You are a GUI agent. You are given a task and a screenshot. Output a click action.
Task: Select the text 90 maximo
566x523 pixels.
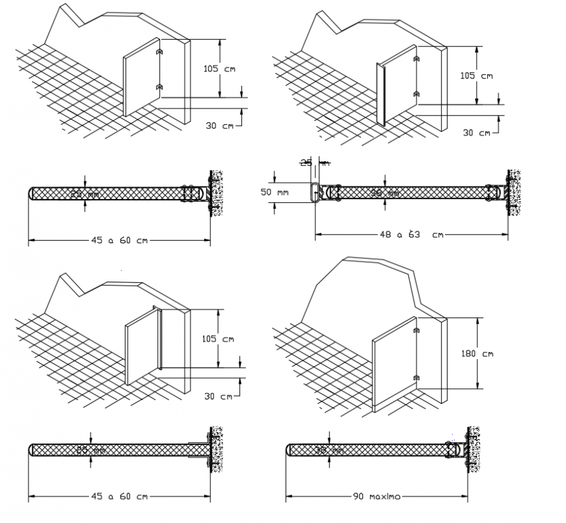coord(376,496)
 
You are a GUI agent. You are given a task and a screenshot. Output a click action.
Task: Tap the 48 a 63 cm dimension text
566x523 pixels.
coord(412,234)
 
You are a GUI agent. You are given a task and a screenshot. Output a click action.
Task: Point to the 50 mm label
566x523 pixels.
coord(273,193)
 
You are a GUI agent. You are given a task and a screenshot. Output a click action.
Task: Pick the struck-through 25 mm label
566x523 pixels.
coord(314,163)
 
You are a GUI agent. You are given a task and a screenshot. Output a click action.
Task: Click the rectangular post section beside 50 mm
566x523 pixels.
coord(314,193)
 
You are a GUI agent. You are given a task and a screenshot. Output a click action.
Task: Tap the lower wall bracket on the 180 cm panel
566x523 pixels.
coord(414,378)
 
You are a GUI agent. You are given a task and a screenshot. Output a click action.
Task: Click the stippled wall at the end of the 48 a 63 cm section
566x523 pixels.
coord(518,193)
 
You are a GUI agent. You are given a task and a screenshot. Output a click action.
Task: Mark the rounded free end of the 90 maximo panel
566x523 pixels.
coord(289,449)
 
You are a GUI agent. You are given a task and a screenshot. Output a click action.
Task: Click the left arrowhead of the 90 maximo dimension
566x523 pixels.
coord(289,496)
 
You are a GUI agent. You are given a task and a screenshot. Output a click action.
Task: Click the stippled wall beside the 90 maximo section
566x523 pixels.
coord(474,449)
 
